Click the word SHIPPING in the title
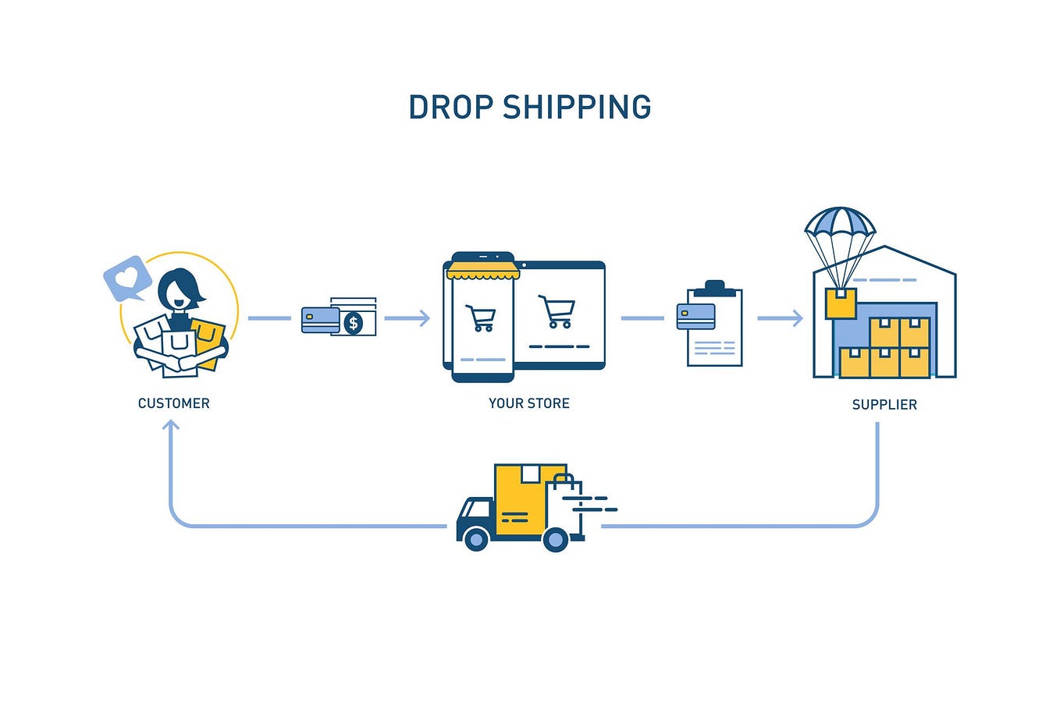coord(577,108)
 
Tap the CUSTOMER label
coord(173,403)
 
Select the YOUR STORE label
coord(528,403)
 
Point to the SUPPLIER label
coord(884,405)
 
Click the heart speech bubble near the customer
coord(127,278)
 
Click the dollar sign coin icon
coord(354,322)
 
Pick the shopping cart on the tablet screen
coord(557,311)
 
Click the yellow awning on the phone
coord(482,271)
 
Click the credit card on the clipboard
coord(695,316)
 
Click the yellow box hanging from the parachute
coord(841,303)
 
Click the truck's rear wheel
coord(555,538)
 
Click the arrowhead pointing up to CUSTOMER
coord(171,425)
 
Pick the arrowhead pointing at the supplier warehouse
coord(797,318)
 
